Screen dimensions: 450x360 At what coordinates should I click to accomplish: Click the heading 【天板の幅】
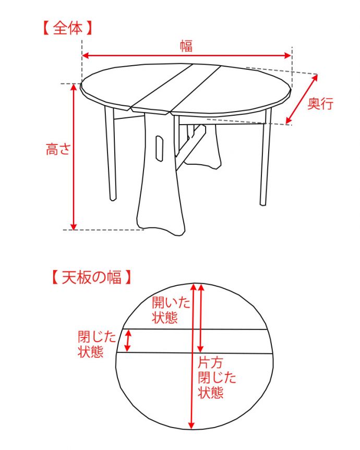click(x=87, y=276)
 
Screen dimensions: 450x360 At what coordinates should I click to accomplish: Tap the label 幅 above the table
click(x=186, y=46)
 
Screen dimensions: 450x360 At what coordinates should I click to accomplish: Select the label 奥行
click(x=320, y=104)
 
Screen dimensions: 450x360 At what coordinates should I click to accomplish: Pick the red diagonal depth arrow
click(x=303, y=99)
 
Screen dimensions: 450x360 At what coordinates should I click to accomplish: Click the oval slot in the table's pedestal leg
click(x=158, y=146)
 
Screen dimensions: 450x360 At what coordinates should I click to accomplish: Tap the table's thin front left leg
click(x=110, y=156)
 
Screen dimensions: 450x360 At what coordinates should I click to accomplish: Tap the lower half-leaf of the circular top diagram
click(x=157, y=391)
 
